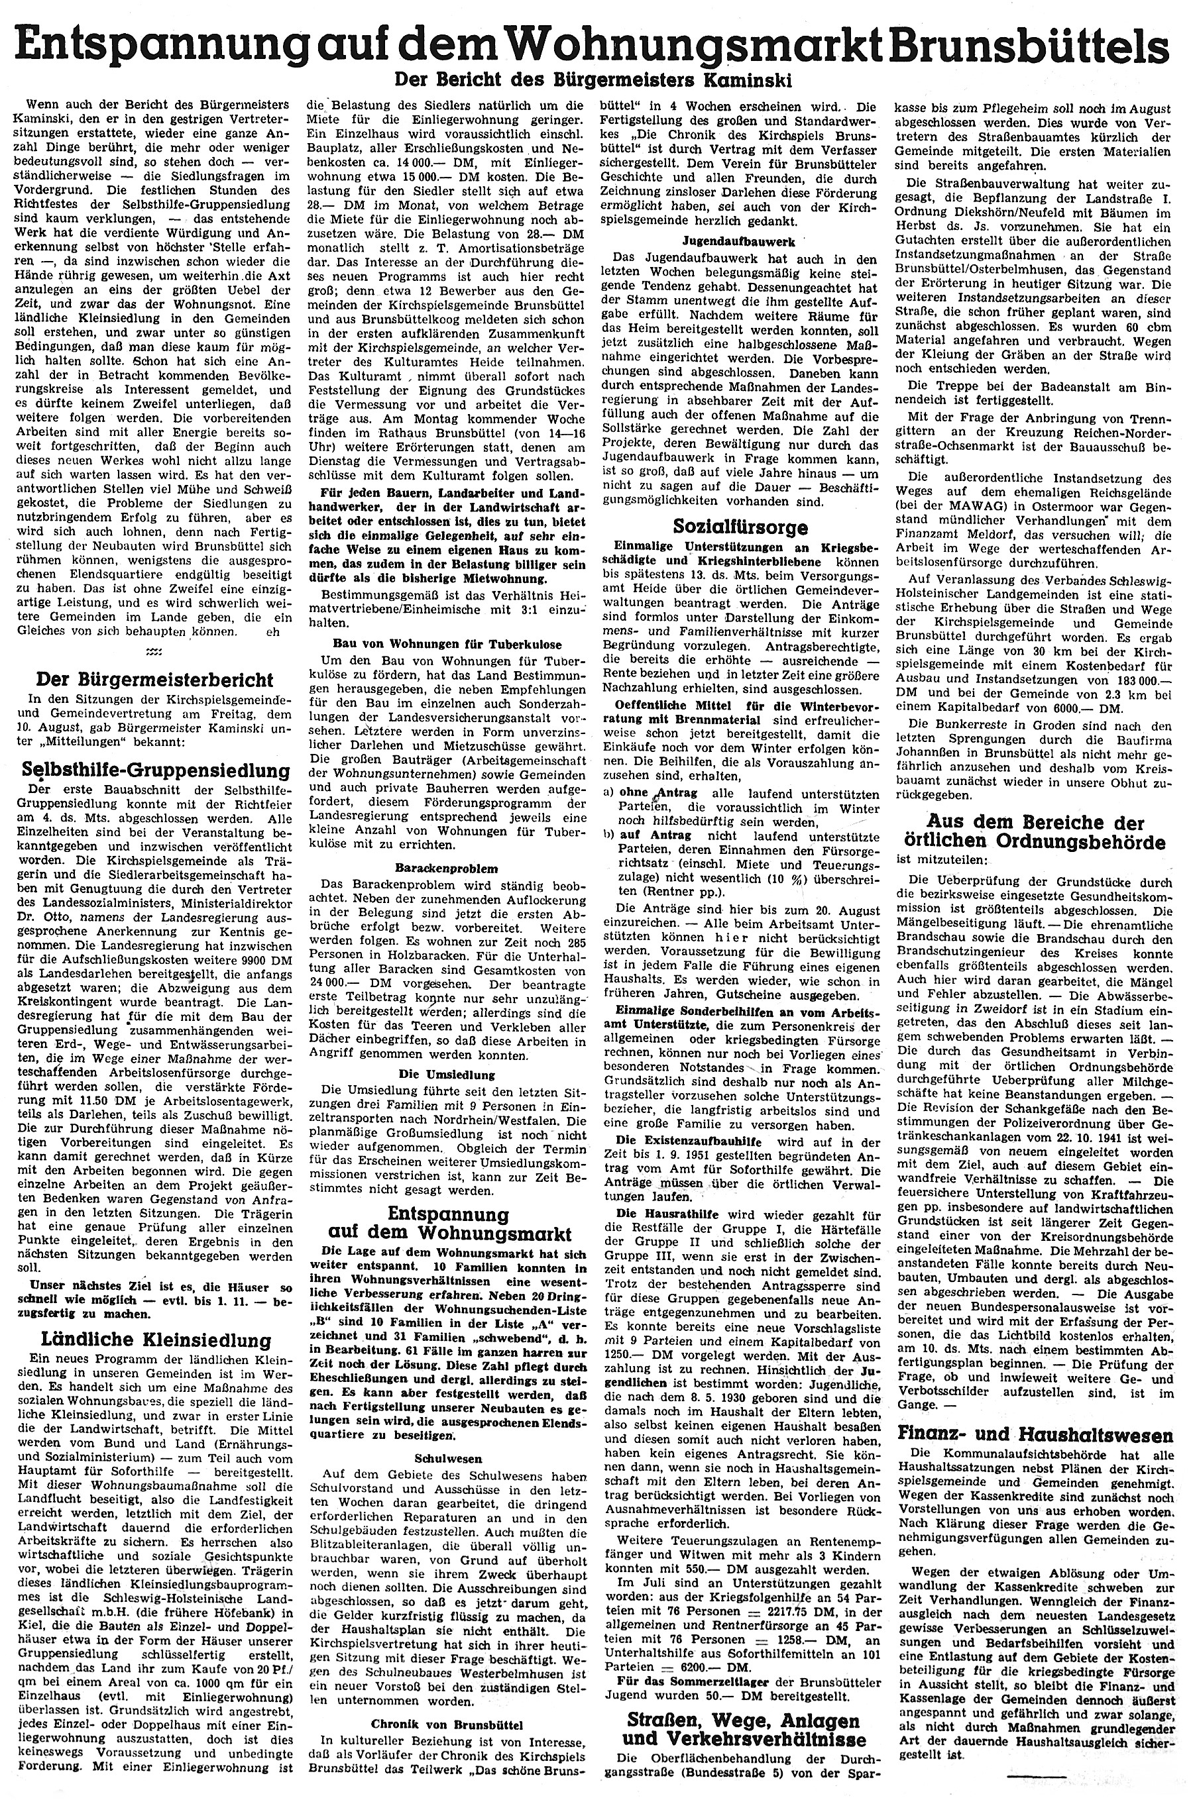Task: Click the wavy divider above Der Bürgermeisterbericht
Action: [x=153, y=653]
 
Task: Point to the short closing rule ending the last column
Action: [x=1037, y=1774]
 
